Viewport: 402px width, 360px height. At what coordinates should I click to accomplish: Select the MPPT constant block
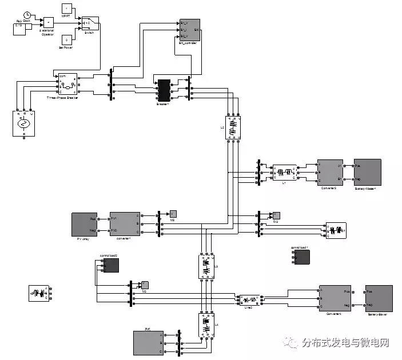coord(66,9)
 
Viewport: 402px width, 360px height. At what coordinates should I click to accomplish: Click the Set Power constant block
coord(66,39)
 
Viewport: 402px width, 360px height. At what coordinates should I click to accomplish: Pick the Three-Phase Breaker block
coord(66,85)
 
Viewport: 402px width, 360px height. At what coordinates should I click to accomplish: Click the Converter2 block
coord(330,171)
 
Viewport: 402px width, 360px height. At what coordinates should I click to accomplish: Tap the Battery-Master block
coord(367,171)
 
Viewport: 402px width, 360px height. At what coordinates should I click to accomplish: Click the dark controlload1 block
coord(300,257)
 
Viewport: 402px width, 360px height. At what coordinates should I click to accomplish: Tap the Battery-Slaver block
coord(378,298)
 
